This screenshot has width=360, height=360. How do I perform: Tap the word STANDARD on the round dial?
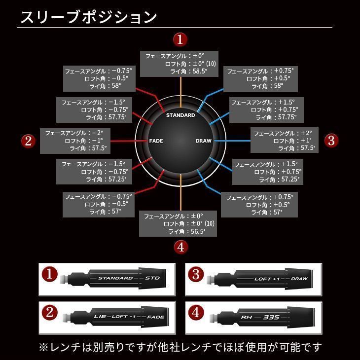point(180,115)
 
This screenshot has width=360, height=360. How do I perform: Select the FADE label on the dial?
point(156,141)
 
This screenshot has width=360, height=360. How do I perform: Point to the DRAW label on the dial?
point(203,141)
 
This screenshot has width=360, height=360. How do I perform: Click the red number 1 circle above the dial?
point(180,39)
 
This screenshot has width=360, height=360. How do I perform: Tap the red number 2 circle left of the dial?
point(29,141)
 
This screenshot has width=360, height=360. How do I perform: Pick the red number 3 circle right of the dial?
point(331,141)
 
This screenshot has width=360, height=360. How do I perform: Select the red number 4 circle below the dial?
point(180,247)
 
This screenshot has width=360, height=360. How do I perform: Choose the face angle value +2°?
point(306,133)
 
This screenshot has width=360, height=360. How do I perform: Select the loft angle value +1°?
point(307,141)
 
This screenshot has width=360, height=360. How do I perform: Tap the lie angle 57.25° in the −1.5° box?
point(117,180)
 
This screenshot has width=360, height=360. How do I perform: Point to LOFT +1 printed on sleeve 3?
point(267,279)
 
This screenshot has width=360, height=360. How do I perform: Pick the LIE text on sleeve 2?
point(100,315)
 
